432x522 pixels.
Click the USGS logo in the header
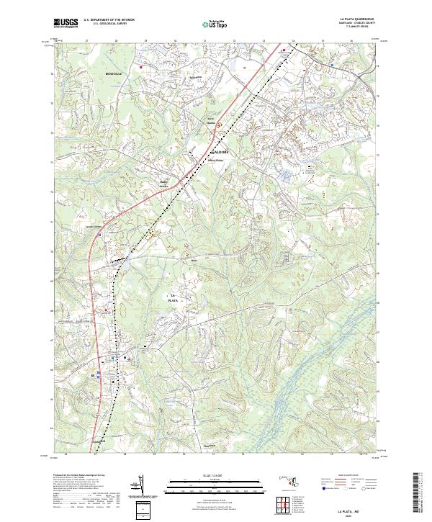66,23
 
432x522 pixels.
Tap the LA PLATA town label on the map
173,299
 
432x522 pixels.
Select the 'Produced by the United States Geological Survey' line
76,476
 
